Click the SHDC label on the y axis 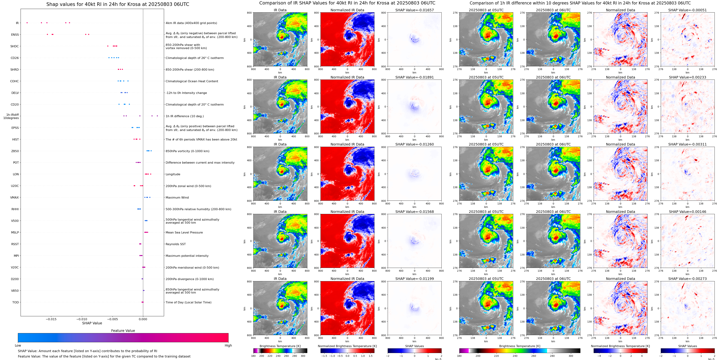coord(15,46)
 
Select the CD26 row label coord(15,58)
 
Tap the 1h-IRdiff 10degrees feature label coord(11,116)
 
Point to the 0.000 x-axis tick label coord(143,319)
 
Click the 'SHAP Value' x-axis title coord(92,323)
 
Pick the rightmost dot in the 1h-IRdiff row coord(157,116)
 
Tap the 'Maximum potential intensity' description coord(187,256)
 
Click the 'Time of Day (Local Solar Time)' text coord(188,302)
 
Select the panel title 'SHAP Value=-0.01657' coord(415,10)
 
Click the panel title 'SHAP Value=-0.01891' coord(415,77)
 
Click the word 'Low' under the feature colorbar coord(18,345)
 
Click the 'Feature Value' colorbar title coord(123,331)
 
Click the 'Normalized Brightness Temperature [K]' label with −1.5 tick coord(347,346)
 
